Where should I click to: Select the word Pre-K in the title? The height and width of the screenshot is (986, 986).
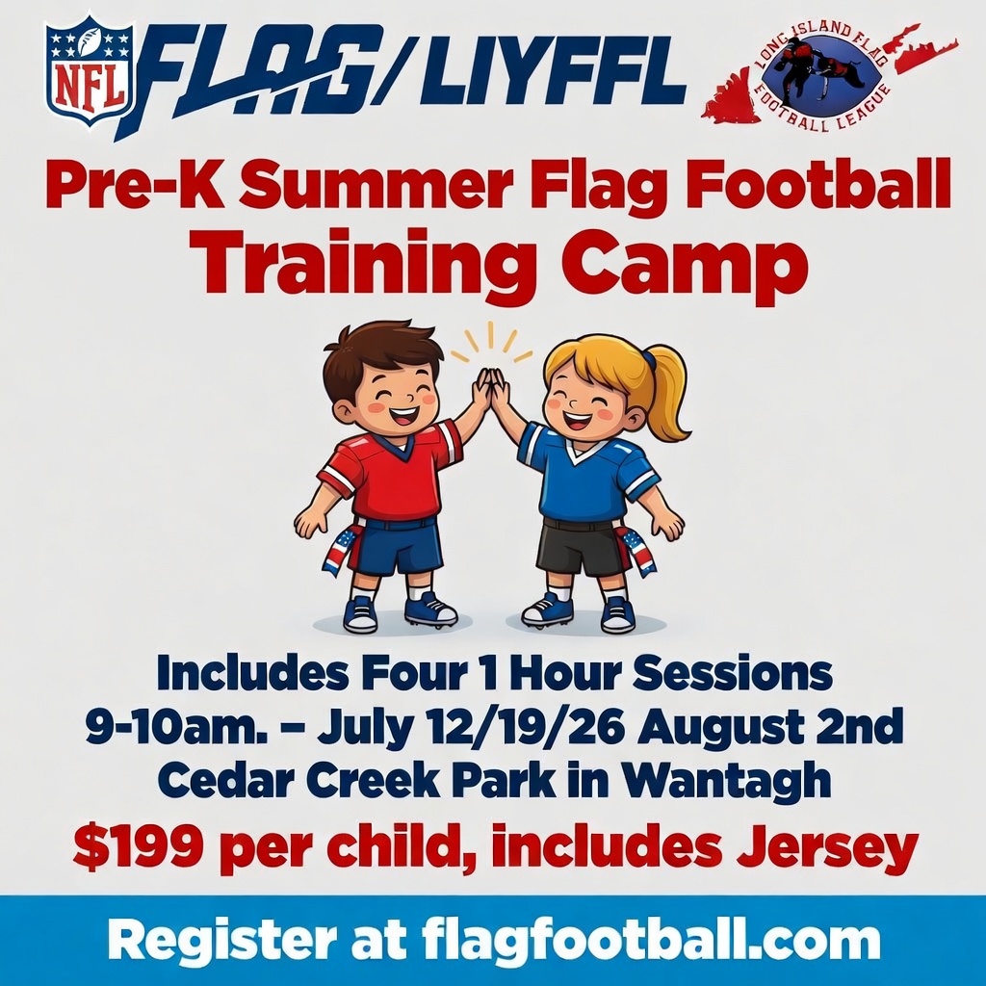point(119,185)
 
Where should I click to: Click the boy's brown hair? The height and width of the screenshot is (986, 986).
point(371,356)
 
